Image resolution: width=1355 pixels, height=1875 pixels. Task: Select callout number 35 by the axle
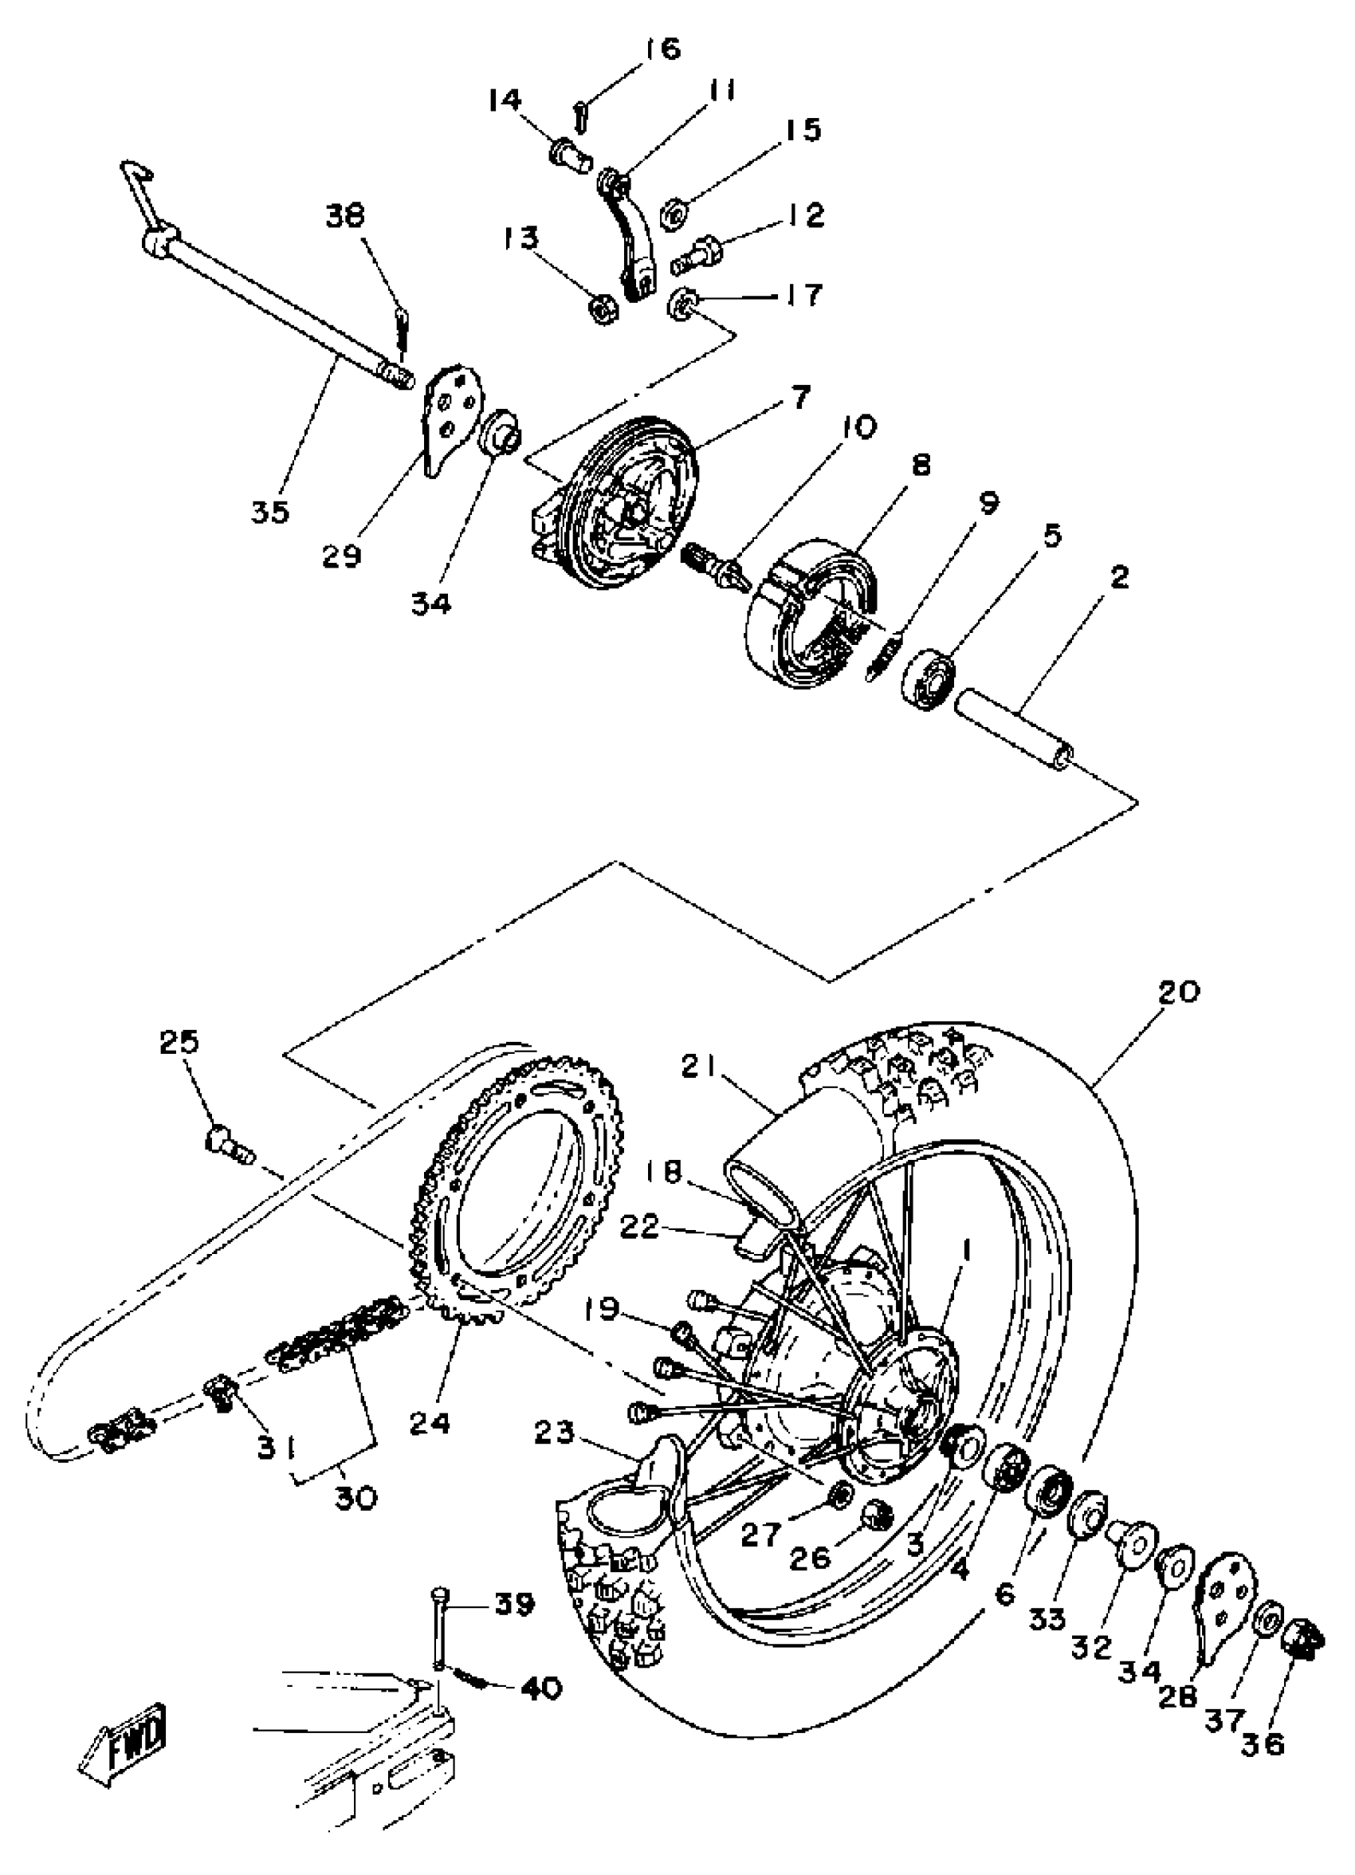coord(270,512)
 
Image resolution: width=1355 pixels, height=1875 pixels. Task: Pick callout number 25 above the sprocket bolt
coord(179,1042)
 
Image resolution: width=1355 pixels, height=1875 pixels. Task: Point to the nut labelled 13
coord(601,309)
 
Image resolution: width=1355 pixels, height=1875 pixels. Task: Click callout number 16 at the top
coord(662,49)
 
